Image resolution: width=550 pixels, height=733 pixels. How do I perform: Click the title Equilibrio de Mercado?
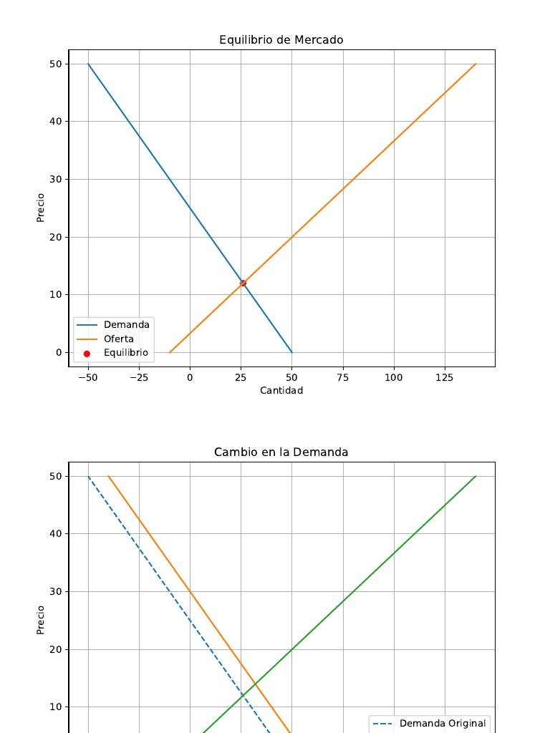pos(281,40)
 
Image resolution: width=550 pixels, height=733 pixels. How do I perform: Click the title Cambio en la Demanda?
pos(281,452)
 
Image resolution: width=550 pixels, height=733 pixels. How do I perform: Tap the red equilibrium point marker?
pos(243,283)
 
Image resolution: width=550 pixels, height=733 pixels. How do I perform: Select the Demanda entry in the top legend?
pos(126,325)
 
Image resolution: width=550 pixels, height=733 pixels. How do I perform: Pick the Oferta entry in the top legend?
pos(118,339)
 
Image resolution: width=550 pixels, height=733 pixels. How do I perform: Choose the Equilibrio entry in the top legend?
pos(125,353)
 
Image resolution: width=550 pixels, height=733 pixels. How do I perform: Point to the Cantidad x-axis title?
pos(281,391)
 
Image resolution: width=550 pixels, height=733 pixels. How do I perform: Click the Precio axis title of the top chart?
pos(41,208)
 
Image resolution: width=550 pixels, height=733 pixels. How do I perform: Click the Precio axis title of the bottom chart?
pos(41,620)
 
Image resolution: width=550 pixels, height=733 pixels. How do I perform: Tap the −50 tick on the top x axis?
pos(87,377)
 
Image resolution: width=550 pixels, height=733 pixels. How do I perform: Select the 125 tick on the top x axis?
pos(445,377)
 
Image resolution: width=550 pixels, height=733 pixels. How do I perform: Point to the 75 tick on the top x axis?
pos(343,377)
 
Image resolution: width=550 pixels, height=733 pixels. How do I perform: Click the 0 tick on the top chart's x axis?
pos(190,377)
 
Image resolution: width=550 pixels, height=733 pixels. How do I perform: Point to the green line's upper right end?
pos(476,476)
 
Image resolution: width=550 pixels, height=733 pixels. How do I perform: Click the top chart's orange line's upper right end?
pos(476,64)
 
